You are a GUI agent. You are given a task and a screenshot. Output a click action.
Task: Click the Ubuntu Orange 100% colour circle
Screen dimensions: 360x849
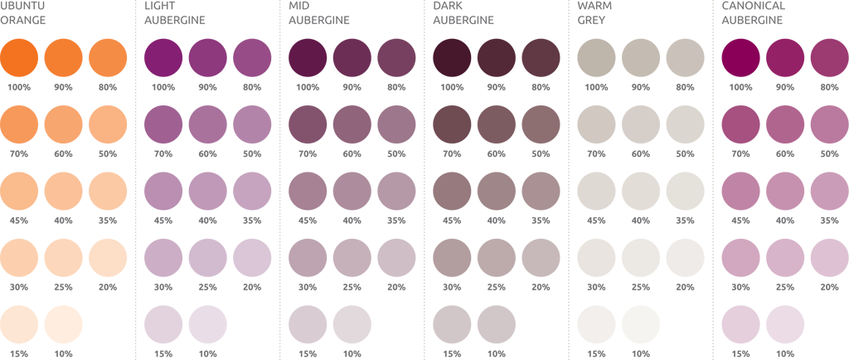click(20, 57)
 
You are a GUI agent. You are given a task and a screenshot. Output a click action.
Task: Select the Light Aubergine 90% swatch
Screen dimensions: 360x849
click(208, 57)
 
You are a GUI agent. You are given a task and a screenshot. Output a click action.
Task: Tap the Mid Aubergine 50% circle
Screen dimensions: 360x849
click(396, 124)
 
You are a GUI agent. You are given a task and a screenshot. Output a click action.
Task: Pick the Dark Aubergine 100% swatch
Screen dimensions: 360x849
click(452, 57)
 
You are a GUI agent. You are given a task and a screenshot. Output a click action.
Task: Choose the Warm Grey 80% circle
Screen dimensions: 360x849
click(685, 57)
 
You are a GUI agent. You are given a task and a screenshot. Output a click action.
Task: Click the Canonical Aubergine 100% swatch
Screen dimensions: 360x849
click(740, 57)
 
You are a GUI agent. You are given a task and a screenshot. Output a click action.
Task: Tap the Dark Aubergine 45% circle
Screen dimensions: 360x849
click(452, 191)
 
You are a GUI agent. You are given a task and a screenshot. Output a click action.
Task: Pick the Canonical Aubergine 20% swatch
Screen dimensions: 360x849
click(829, 258)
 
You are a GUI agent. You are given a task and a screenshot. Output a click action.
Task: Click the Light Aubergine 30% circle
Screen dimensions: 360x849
click(164, 258)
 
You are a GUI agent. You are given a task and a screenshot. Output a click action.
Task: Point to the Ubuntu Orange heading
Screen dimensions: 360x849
click(24, 13)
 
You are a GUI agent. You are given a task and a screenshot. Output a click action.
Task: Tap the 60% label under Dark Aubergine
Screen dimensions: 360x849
click(497, 153)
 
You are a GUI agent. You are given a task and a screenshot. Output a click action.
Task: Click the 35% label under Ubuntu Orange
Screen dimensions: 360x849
click(108, 220)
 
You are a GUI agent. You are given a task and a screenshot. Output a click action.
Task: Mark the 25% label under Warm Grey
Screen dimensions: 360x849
click(640, 287)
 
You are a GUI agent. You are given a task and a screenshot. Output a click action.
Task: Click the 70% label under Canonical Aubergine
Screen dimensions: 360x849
click(740, 153)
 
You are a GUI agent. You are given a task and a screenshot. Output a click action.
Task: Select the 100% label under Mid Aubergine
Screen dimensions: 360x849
click(308, 87)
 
